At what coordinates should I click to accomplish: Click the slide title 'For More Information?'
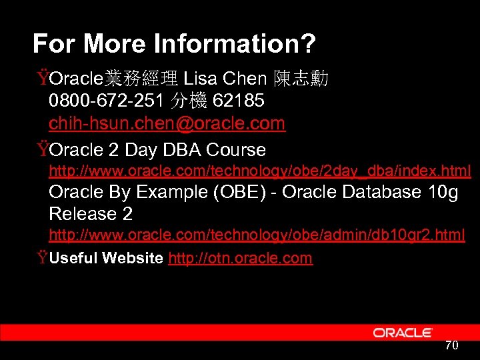pos(174,44)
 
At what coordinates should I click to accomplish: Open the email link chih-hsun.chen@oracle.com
pos(167,123)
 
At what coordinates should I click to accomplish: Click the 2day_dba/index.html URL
pos(260,171)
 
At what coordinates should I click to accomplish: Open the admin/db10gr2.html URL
pos(257,235)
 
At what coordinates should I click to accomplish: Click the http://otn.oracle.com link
pos(240,258)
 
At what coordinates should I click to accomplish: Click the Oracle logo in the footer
pos(403,332)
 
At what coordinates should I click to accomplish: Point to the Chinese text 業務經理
pos(140,79)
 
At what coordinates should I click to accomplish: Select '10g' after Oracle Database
pos(443,192)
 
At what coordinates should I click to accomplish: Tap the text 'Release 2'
pos(91,214)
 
